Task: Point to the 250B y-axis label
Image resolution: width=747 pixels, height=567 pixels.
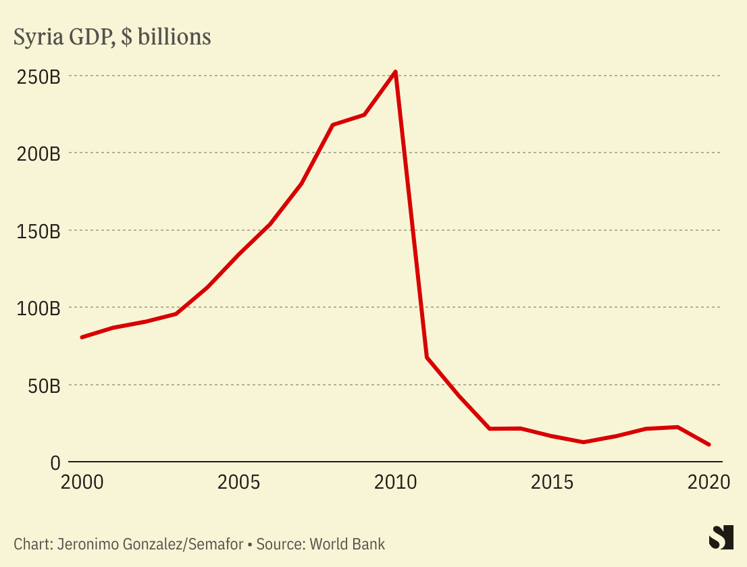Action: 38,76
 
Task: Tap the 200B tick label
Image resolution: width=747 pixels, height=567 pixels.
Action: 38,154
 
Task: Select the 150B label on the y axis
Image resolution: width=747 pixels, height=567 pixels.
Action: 38,231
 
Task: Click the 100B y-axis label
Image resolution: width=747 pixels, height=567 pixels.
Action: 38,308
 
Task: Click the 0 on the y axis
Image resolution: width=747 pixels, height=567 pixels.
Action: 55,463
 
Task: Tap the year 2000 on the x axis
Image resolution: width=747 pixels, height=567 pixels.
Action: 82,483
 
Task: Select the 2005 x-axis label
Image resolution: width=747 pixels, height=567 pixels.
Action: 238,483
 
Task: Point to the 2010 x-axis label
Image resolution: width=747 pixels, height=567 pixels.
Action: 396,483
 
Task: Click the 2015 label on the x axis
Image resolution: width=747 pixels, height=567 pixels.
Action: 552,483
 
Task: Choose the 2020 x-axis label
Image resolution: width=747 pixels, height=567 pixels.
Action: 709,483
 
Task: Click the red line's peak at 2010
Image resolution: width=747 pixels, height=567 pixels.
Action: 395,72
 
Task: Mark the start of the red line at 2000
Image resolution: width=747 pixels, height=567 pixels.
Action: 82,337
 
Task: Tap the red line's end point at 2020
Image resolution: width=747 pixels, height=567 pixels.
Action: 709,445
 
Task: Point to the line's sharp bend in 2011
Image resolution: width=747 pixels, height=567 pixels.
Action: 427,356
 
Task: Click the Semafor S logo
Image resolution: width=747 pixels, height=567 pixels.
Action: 721,537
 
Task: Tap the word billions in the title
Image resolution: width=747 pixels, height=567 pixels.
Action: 174,37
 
